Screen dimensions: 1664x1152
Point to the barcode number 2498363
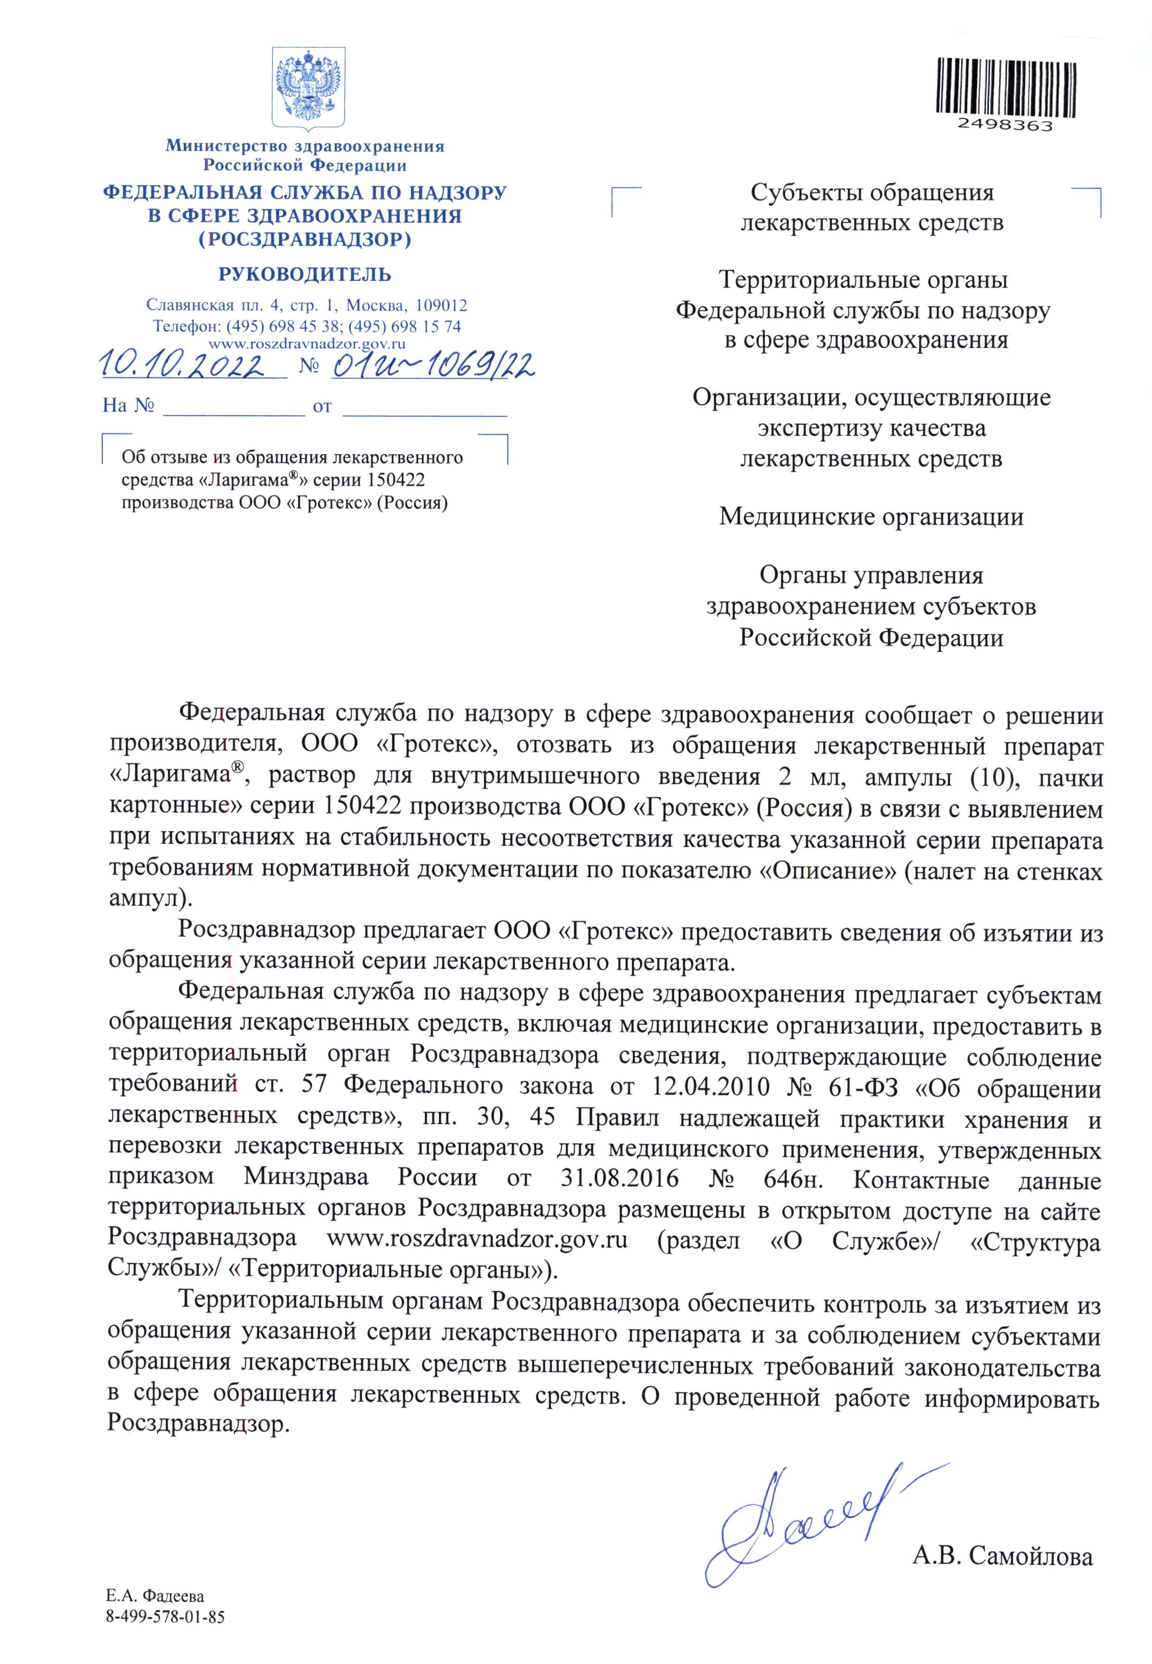pos(1005,125)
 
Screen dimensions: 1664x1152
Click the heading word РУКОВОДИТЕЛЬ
pos(304,275)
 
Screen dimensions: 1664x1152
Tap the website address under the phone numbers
pos(307,344)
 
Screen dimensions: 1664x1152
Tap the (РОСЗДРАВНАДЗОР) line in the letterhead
pos(304,239)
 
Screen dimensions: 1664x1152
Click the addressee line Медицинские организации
pos(871,517)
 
